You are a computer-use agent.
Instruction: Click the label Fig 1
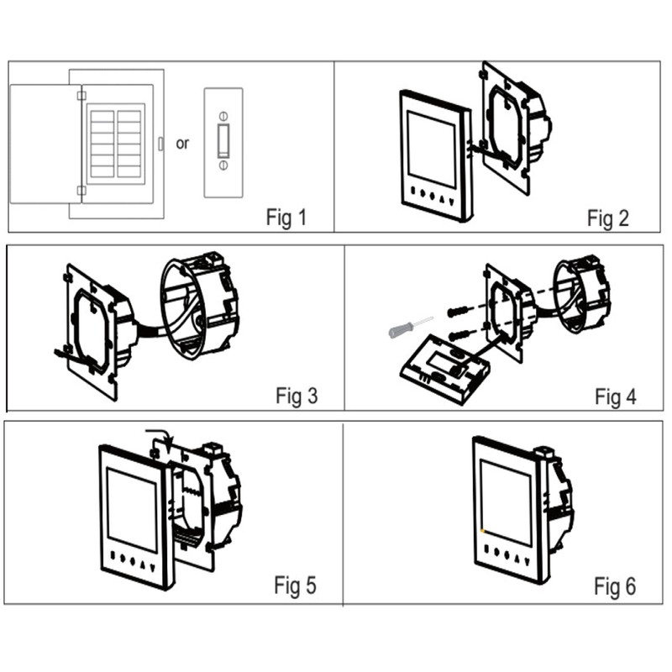286,218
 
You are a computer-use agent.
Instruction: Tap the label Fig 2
607,218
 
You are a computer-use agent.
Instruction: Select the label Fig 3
297,396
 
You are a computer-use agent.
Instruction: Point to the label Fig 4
616,396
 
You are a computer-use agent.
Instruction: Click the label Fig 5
296,585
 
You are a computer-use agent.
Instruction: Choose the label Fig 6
615,585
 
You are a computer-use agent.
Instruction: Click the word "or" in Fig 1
182,144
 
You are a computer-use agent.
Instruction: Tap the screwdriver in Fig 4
410,328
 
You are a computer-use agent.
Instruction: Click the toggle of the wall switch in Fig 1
223,140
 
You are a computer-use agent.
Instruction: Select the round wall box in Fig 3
199,305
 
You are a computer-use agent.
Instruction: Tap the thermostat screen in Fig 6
507,502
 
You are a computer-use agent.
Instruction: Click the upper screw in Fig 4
459,311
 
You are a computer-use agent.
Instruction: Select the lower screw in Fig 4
459,335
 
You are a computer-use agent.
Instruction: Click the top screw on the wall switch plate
223,116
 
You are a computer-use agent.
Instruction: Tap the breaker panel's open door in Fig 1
45,144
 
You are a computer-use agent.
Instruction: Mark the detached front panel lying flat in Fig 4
445,370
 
